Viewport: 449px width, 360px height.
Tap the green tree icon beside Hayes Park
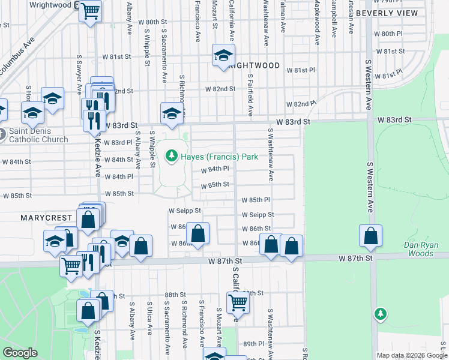click(172, 157)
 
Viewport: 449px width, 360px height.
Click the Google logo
click(20, 353)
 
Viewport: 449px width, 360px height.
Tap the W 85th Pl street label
click(256, 200)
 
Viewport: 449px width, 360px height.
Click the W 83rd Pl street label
click(118, 143)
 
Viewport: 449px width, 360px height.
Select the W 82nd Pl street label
click(301, 104)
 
